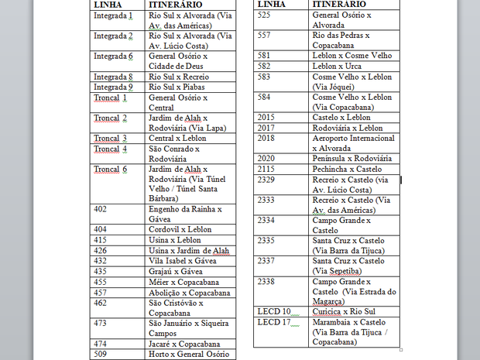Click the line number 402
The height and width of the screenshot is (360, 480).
pyautogui.click(x=100, y=209)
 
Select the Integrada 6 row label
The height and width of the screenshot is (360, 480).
pyautogui.click(x=114, y=57)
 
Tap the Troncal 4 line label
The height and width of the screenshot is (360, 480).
pyautogui.click(x=110, y=149)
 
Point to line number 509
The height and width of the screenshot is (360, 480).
pyautogui.click(x=100, y=354)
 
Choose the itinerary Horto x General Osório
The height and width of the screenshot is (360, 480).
pyautogui.click(x=189, y=354)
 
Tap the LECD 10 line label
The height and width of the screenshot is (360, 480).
pyautogui.click(x=274, y=310)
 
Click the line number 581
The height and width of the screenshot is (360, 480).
pyautogui.click(x=263, y=56)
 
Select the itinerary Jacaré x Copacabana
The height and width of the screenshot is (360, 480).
pyautogui.click(x=184, y=344)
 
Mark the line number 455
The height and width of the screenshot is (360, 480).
pyautogui.click(x=100, y=282)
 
